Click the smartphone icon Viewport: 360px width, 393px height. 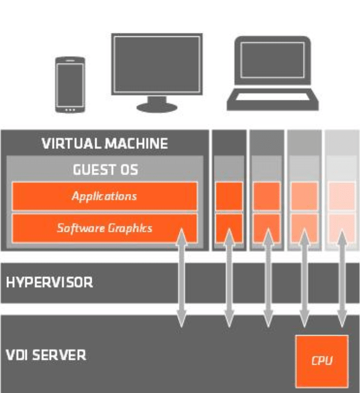click(70, 84)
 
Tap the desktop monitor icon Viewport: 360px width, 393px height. click(157, 65)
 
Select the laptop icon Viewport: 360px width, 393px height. click(273, 74)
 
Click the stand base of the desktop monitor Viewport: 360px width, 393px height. click(156, 107)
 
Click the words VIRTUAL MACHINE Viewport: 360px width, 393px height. click(105, 144)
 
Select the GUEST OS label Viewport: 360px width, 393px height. click(105, 170)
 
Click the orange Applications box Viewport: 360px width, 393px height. click(104, 196)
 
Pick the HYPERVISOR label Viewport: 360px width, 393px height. click(50, 283)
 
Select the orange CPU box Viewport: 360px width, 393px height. click(321, 361)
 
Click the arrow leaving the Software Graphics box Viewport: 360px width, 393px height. click(182, 278)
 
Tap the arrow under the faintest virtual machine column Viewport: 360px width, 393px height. click(342, 278)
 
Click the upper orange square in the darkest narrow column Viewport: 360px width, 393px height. click(229, 196)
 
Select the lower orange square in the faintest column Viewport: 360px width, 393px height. click(342, 228)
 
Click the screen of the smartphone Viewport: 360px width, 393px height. click(70, 83)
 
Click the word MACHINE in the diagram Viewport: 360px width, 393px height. click(137, 144)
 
